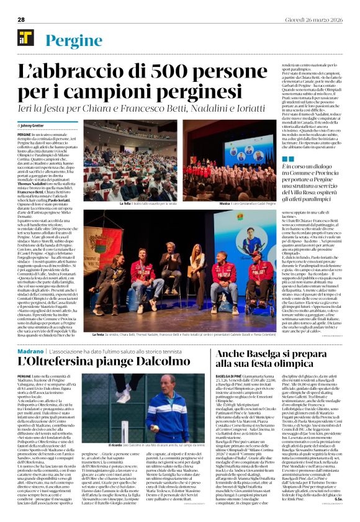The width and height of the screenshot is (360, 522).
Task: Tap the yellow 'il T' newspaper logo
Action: (25, 38)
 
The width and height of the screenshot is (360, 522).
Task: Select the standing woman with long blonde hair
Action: (198, 267)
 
